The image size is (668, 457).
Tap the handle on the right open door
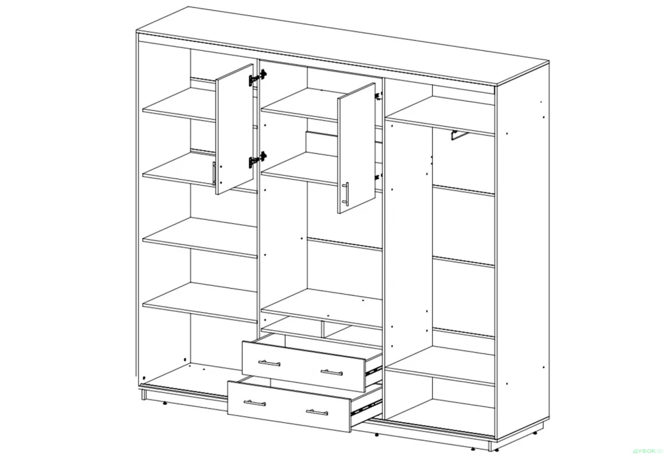tap(346, 194)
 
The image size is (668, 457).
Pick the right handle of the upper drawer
tap(331, 371)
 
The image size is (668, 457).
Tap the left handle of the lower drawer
tap(255, 403)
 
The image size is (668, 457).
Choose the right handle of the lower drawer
tap(319, 412)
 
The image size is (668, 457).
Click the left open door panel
tap(234, 130)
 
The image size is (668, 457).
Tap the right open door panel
tap(357, 150)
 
